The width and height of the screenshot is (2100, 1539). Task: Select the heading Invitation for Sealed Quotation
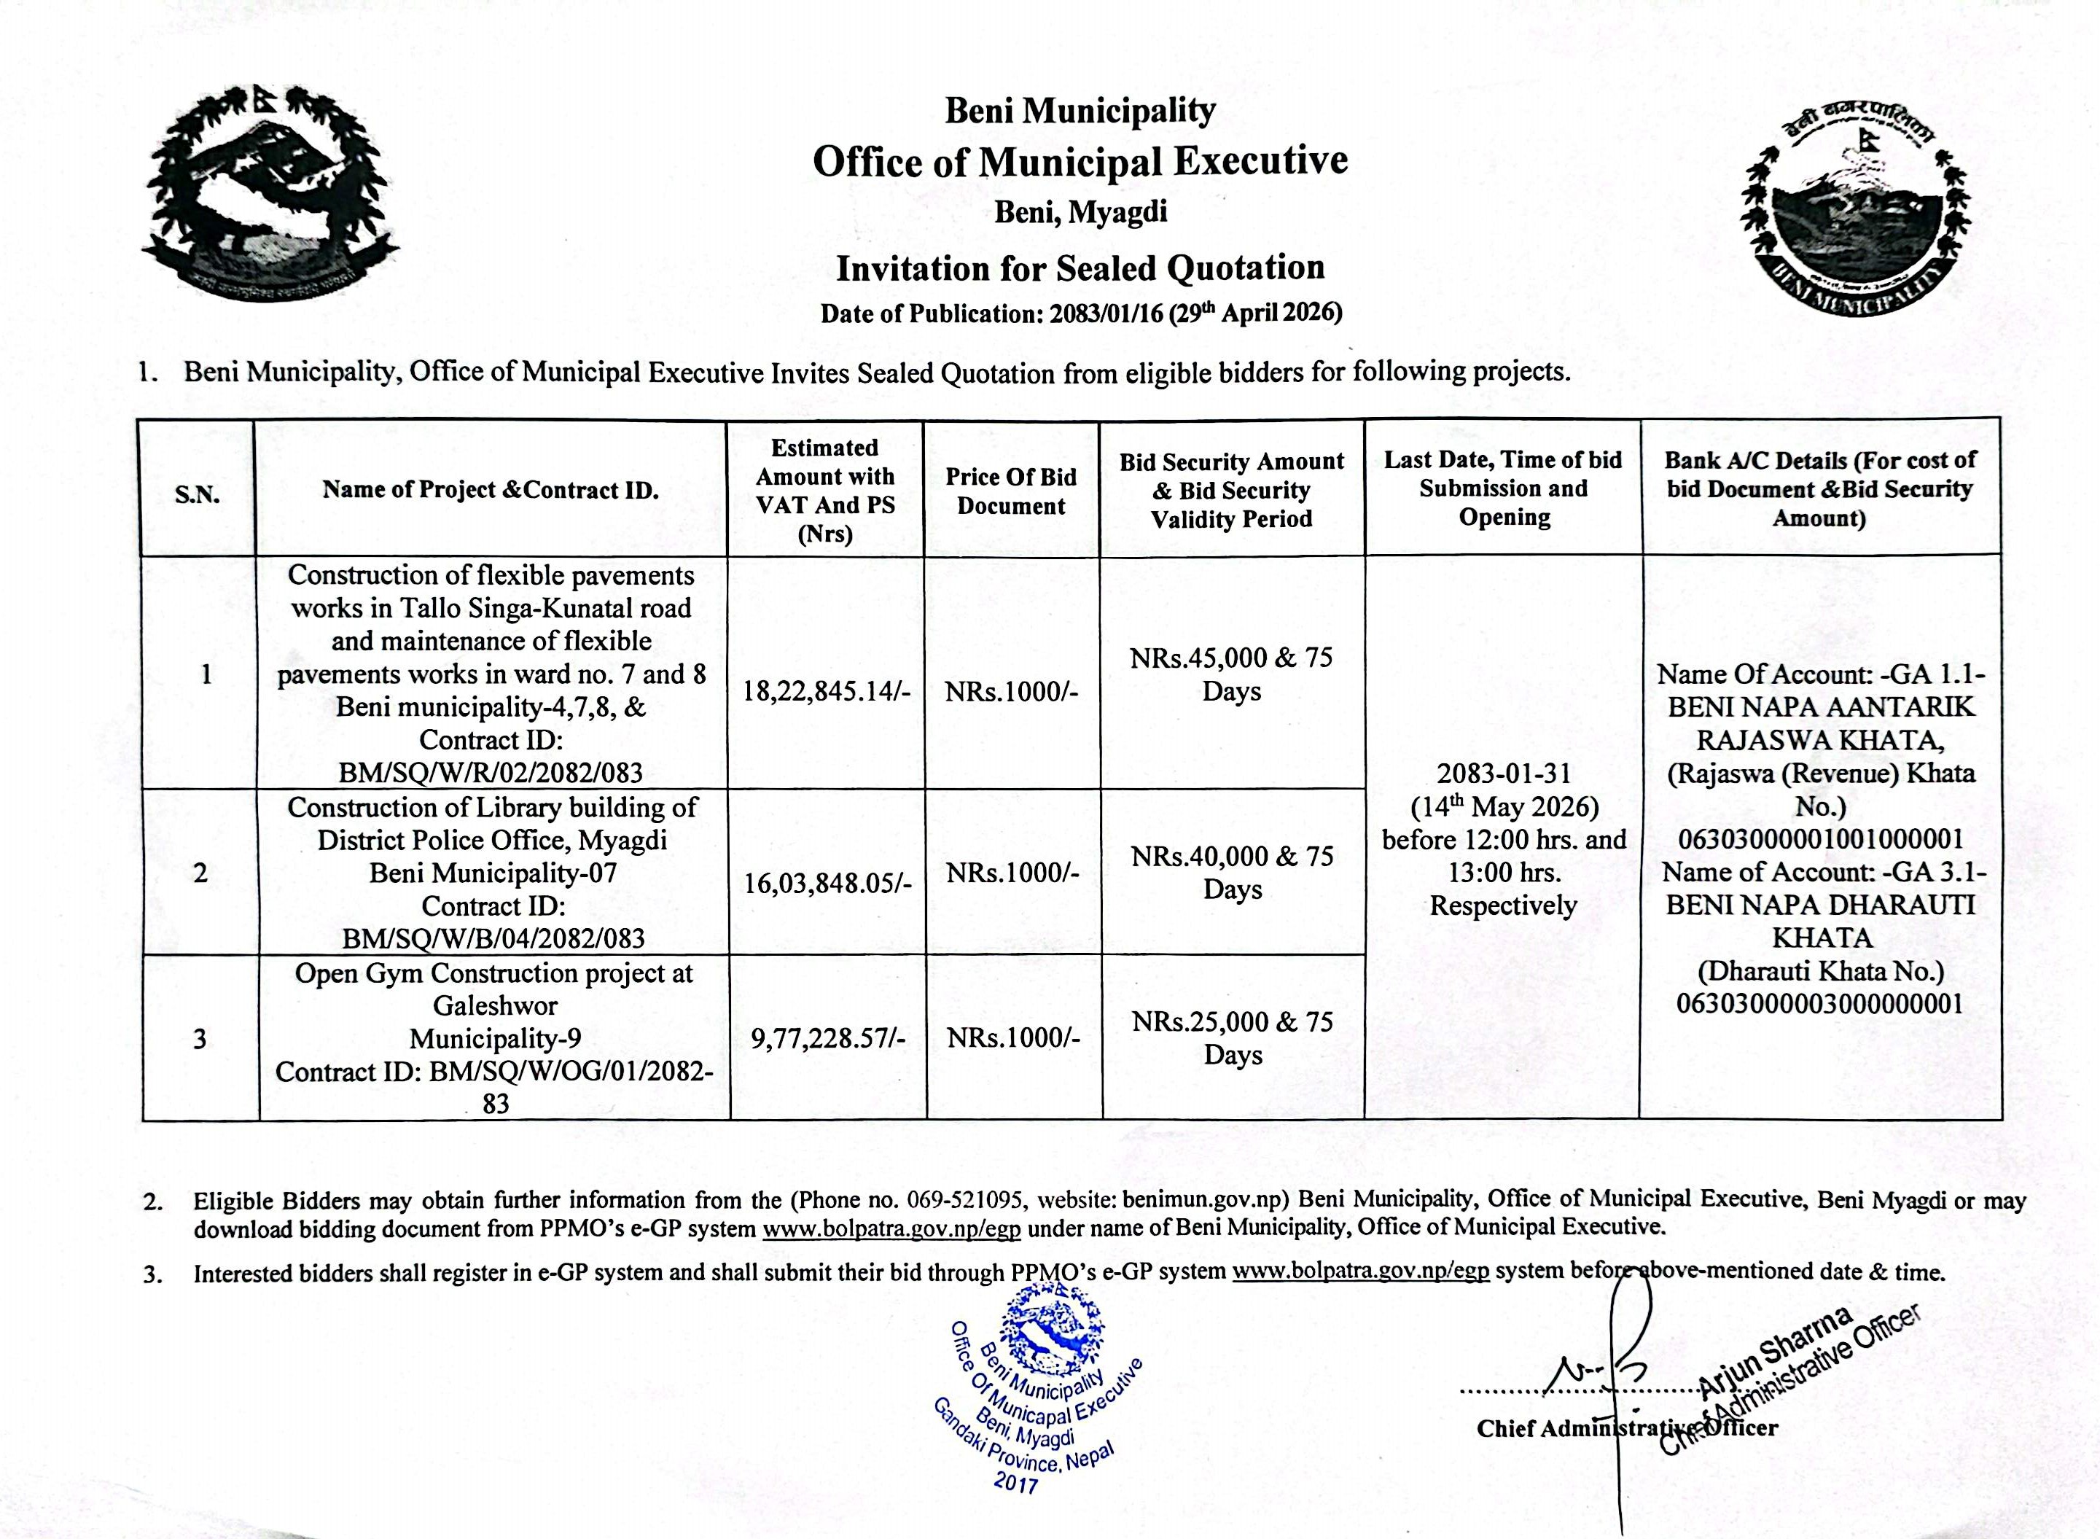click(x=1080, y=268)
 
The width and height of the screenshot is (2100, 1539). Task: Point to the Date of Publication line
click(x=1080, y=313)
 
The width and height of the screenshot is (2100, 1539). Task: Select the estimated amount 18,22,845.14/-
click(x=826, y=691)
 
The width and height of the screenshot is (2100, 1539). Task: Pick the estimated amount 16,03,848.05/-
click(x=827, y=883)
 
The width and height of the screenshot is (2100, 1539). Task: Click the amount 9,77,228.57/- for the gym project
click(x=827, y=1038)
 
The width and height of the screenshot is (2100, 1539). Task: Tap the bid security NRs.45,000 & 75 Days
click(x=1231, y=674)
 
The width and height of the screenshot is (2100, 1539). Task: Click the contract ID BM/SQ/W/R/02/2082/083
click(x=492, y=772)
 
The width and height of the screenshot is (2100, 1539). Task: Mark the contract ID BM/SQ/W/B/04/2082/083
click(x=493, y=938)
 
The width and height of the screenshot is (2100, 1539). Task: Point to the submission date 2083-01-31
click(x=1503, y=774)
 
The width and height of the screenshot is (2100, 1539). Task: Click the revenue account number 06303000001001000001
click(x=1819, y=838)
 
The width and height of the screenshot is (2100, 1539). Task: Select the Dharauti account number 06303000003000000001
click(x=1819, y=1005)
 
